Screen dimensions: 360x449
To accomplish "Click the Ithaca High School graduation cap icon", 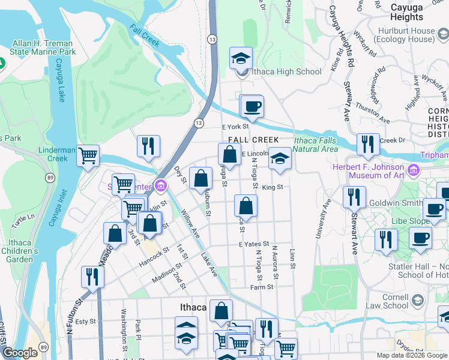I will click(x=241, y=58).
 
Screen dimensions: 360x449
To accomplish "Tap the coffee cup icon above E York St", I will click(x=252, y=106).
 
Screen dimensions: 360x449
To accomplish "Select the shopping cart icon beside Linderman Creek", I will click(x=88, y=156).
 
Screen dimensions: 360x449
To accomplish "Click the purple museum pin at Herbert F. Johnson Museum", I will click(x=413, y=171).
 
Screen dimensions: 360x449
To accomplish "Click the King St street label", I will click(x=272, y=187).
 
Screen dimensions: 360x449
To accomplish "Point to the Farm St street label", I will click(x=262, y=287).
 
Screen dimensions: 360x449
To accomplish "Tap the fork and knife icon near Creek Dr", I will click(x=367, y=144).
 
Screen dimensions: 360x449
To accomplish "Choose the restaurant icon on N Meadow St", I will click(x=92, y=276).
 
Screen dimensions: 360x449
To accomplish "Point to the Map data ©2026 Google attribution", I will click(x=411, y=355).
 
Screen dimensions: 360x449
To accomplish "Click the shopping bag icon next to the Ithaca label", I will click(x=221, y=311).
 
